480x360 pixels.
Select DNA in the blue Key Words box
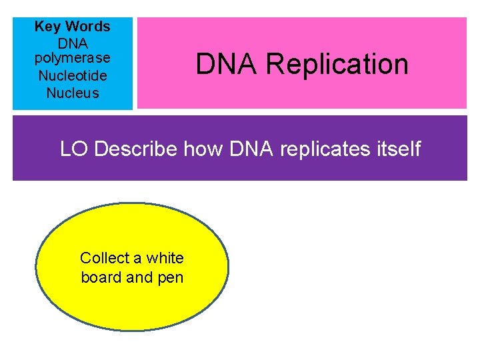click(73, 43)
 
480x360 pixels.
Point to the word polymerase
click(73, 59)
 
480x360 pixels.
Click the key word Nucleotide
click(73, 76)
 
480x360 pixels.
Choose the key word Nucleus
click(73, 93)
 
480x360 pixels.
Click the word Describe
click(137, 148)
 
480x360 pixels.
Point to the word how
click(203, 148)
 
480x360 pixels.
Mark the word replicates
click(326, 148)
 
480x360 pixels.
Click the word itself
click(399, 148)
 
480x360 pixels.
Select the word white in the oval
click(165, 258)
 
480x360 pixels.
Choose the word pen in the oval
click(170, 277)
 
